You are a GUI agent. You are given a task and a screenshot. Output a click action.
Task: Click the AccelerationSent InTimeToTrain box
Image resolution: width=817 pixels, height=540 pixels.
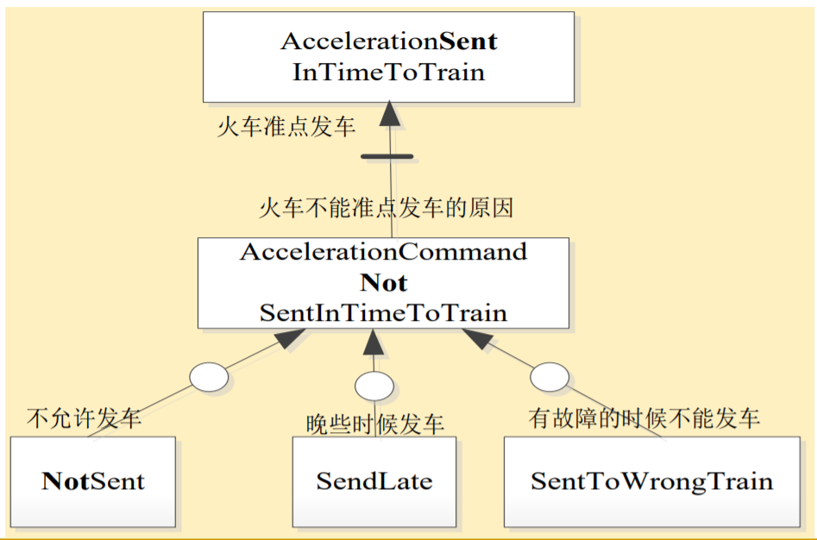(x=388, y=55)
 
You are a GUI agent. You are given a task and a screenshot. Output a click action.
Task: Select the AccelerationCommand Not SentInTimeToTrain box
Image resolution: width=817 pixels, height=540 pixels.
(x=383, y=283)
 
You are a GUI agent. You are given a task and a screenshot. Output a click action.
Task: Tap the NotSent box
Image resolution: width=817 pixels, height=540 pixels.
(x=92, y=481)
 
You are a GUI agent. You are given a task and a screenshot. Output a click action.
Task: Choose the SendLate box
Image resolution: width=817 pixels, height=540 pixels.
(x=374, y=481)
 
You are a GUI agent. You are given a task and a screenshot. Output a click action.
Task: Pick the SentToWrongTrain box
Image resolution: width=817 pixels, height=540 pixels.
(x=651, y=481)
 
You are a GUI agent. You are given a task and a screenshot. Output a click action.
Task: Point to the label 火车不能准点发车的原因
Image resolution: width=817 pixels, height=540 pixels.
(x=386, y=208)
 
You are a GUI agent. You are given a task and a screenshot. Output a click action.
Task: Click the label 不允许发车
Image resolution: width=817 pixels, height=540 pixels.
(x=84, y=419)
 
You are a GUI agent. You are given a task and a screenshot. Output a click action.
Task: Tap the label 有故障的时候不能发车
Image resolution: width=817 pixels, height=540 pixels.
(x=644, y=418)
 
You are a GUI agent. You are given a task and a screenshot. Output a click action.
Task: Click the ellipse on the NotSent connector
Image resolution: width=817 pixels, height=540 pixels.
(x=208, y=378)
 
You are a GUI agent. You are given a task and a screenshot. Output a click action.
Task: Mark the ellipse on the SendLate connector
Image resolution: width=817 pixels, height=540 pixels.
(x=374, y=386)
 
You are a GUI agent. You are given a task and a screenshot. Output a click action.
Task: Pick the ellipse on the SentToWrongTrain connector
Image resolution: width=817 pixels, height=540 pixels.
(x=549, y=377)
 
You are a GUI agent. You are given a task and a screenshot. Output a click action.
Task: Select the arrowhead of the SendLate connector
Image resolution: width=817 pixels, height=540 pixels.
(x=373, y=342)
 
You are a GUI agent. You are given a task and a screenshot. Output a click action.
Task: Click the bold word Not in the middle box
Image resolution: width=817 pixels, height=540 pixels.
(x=384, y=283)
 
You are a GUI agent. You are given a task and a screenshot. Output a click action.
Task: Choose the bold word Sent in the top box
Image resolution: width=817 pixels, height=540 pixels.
(x=469, y=41)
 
